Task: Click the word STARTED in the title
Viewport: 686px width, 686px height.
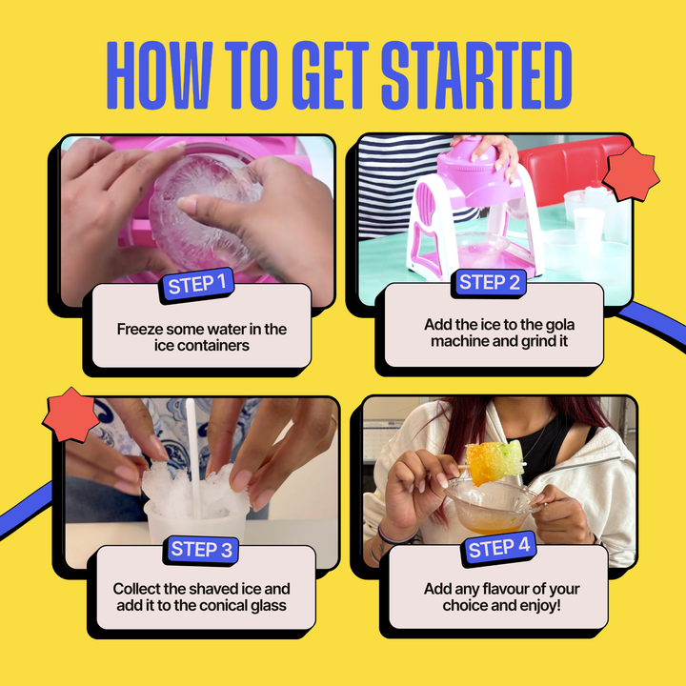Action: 476,75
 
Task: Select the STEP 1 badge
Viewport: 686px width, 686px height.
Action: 197,285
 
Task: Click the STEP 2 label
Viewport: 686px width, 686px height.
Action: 489,283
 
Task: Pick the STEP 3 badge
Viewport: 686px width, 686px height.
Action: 201,550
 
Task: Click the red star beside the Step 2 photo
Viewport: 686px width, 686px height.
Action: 631,173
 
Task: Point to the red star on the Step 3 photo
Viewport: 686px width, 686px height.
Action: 71,414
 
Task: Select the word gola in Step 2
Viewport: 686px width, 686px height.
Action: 560,325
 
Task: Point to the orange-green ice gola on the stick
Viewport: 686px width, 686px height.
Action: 494,462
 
